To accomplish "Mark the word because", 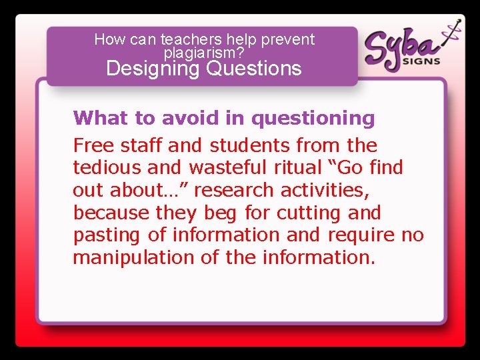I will pos(111,213).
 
